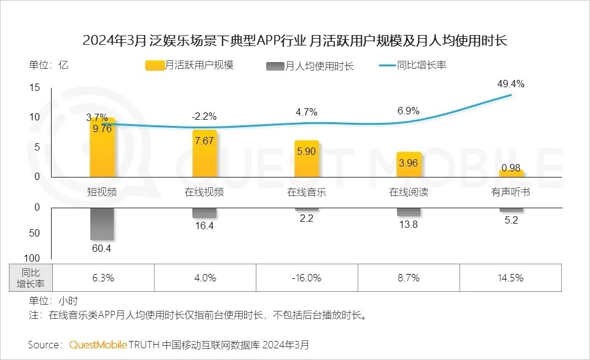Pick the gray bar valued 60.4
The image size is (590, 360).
click(x=102, y=224)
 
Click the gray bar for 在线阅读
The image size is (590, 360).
click(x=409, y=212)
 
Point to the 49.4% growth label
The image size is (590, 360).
click(x=511, y=84)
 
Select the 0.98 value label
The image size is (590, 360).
click(x=511, y=167)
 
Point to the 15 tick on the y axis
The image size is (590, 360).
click(x=34, y=88)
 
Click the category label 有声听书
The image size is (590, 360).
click(x=511, y=192)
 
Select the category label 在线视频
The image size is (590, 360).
click(x=204, y=192)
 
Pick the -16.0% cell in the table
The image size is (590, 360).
click(x=306, y=278)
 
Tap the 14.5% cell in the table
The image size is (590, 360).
click(x=511, y=278)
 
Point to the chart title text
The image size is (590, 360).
click(x=294, y=41)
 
